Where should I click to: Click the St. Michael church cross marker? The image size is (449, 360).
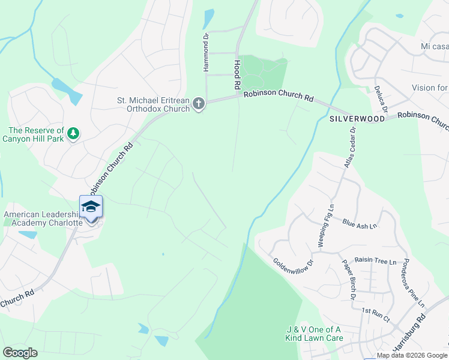(199, 104)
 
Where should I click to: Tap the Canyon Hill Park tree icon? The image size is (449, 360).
(73, 133)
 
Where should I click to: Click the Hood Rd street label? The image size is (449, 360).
(237, 74)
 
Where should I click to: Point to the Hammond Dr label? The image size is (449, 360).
(206, 52)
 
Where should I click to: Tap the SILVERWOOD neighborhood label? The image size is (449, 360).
(356, 119)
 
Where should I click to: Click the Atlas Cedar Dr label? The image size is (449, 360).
(350, 146)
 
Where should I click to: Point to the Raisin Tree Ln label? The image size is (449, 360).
(376, 262)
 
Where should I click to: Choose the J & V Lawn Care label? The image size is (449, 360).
(314, 334)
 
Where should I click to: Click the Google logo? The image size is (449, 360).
(20, 353)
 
